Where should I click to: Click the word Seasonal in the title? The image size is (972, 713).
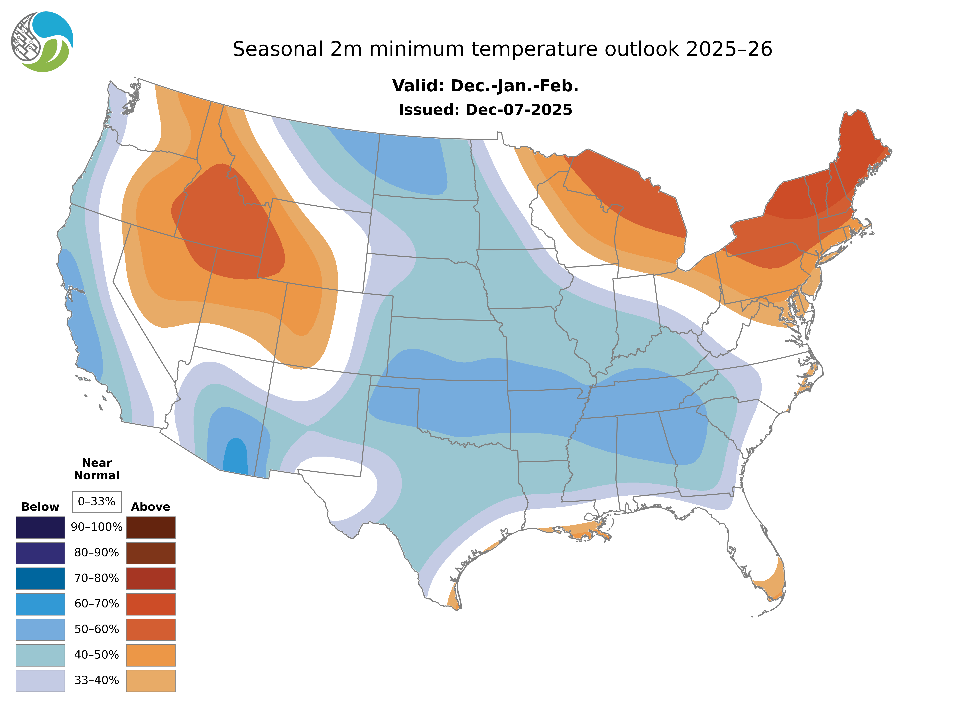coord(277,49)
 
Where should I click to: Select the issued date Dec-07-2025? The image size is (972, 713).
coord(518,110)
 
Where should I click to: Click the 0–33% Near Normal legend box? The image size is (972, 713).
coord(97,502)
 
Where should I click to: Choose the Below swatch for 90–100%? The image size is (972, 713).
coord(40,527)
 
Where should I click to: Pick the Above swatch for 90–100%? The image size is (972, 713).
coord(151,527)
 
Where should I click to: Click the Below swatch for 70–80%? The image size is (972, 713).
coord(40,578)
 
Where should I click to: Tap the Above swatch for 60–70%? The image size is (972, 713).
coord(151,604)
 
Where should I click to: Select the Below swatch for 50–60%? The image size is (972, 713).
coord(40,629)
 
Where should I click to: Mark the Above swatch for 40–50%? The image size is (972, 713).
coord(151,655)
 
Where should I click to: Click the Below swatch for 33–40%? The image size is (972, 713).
coord(40,680)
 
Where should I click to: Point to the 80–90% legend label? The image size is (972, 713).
coord(97,553)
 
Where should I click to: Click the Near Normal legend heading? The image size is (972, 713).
coord(97,469)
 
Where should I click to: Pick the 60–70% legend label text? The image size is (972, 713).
coord(97,604)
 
